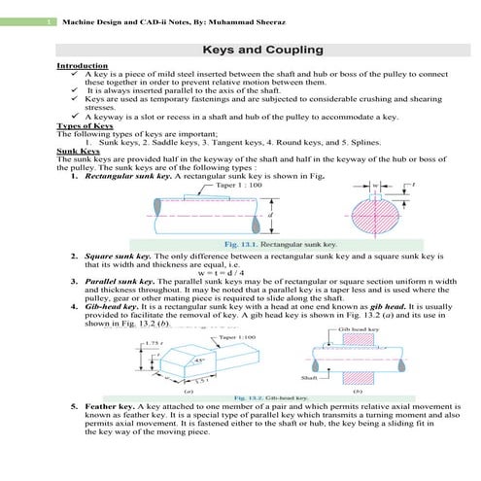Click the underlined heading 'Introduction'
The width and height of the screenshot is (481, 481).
click(x=81, y=65)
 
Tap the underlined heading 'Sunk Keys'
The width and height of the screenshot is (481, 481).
click(x=78, y=153)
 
